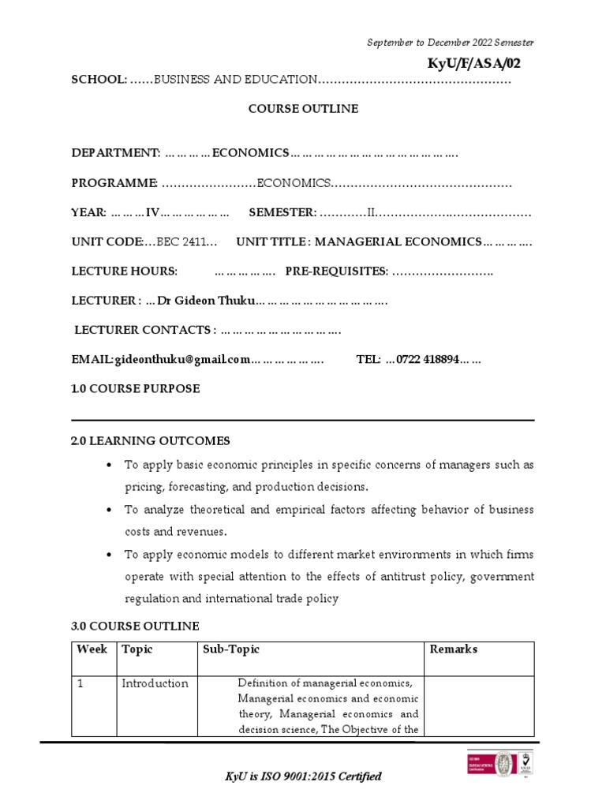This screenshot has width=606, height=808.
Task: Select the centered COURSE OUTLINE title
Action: coord(304,109)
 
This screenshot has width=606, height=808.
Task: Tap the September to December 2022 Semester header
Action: coord(451,43)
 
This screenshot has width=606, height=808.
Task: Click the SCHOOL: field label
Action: coord(99,80)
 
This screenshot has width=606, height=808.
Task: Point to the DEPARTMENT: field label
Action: coord(116,152)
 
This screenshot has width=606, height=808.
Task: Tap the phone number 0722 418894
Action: coord(427,359)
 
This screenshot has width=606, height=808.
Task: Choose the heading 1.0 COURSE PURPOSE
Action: coord(136,388)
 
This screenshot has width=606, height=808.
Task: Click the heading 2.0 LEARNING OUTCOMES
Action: coord(151,440)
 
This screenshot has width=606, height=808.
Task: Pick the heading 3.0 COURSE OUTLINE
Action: coord(136,626)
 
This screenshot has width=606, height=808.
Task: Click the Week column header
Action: coord(92,649)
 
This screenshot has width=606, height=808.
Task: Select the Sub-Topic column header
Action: coord(230,649)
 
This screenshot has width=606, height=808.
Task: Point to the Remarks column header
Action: coord(453,649)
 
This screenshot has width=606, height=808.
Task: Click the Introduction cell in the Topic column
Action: coord(155,683)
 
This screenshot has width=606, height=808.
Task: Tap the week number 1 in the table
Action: coord(80,683)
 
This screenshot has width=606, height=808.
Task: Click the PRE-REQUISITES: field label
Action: coord(337,271)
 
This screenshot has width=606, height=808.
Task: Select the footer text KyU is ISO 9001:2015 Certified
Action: coord(304,776)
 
